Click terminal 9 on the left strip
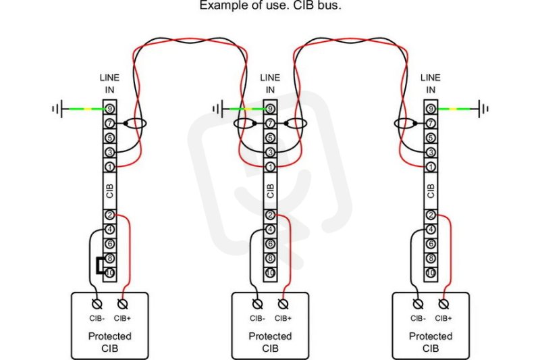[109, 109]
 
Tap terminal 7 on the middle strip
[271, 124]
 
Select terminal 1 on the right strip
[431, 167]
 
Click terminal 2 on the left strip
[109, 215]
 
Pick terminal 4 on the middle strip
[271, 230]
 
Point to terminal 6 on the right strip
[431, 244]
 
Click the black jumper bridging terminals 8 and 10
[98, 265]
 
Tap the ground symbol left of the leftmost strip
[57, 109]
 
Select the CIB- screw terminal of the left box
[97, 304]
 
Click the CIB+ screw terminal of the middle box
[283, 304]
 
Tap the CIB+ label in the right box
[443, 319]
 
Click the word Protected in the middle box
[271, 336]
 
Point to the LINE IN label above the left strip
[109, 84]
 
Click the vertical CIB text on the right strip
[431, 191]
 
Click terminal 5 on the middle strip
[271, 138]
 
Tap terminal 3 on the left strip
[109, 152]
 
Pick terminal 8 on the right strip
[431, 259]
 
